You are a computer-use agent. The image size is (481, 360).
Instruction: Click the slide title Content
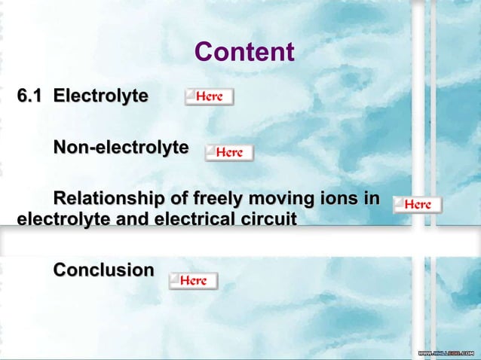tap(244, 52)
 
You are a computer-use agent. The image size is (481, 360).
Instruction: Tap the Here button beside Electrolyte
tap(209, 96)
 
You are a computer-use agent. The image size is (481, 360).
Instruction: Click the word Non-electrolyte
tap(120, 147)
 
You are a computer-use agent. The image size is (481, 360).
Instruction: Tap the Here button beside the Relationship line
tap(417, 204)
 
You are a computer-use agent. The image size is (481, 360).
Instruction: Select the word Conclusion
tap(103, 270)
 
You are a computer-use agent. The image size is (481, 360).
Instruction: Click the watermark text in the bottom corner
tap(446, 353)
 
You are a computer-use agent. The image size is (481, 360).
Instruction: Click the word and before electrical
tap(129, 220)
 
